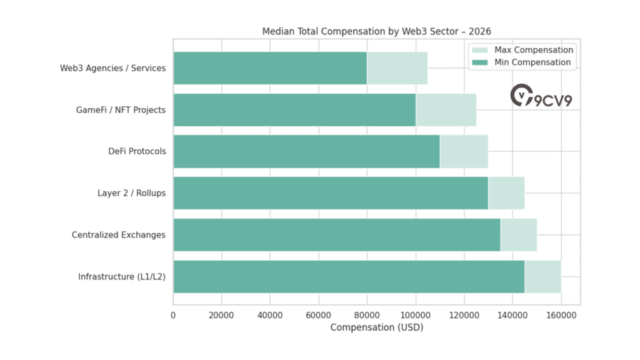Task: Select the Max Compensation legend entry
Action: [x=533, y=50]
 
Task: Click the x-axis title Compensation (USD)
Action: [x=376, y=327]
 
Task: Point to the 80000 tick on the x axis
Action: [x=367, y=316]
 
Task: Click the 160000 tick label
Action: [x=561, y=316]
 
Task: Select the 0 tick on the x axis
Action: [x=173, y=316]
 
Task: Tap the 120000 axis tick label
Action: [x=464, y=316]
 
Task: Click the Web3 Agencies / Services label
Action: [x=112, y=68]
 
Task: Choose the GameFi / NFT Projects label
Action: [x=121, y=110]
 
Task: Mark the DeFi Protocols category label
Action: [x=137, y=151]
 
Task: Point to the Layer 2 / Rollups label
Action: [x=131, y=193]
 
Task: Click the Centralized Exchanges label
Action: [x=119, y=235]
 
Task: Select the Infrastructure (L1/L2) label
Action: [x=122, y=277]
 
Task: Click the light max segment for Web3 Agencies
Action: [x=397, y=68]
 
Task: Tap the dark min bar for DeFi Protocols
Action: [x=306, y=151]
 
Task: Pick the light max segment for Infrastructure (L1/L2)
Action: [x=542, y=277]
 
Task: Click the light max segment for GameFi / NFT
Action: [x=446, y=110]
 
